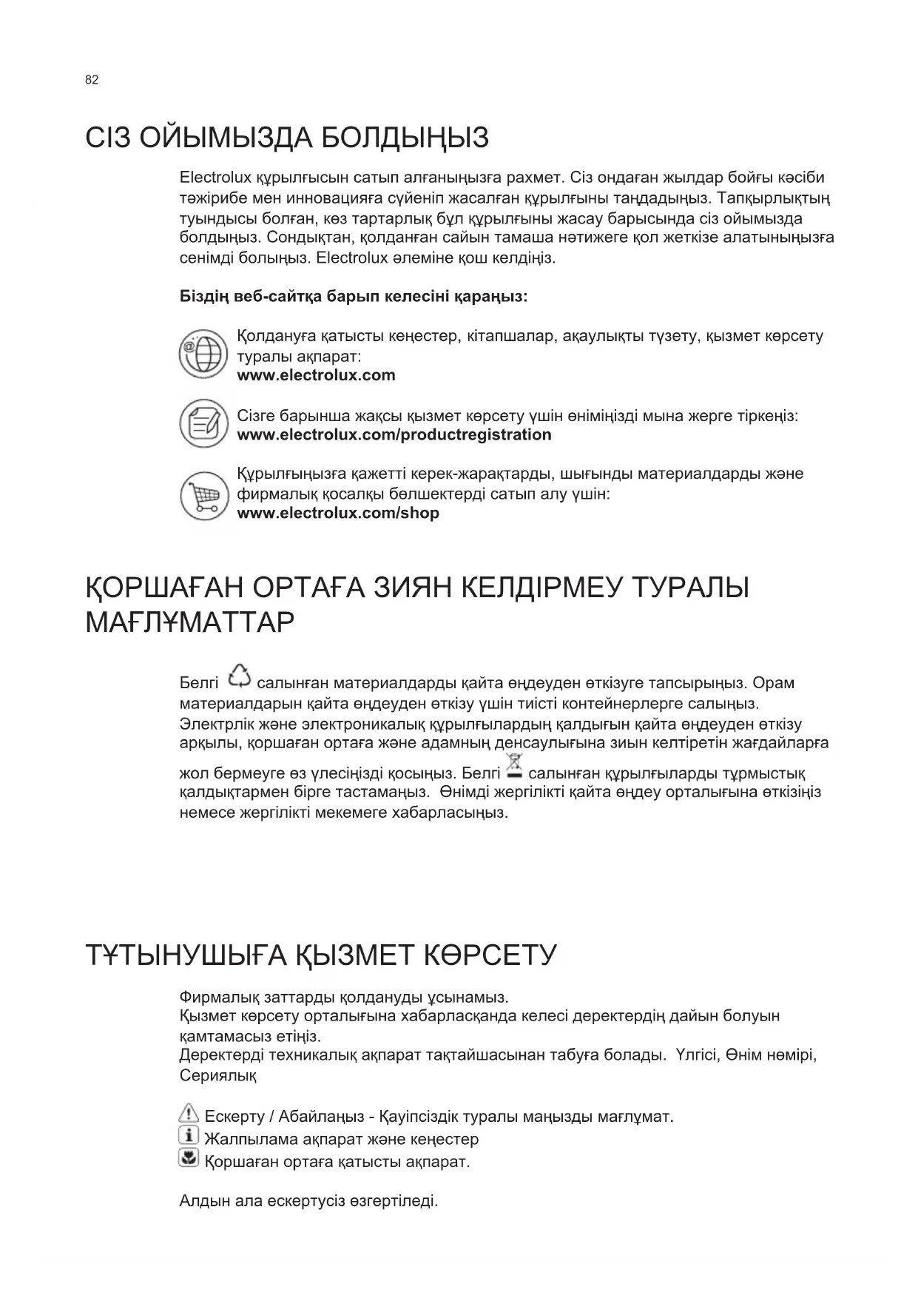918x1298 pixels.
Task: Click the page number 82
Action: [92, 80]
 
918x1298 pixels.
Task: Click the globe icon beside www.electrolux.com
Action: [203, 354]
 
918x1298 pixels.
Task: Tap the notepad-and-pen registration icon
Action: [203, 424]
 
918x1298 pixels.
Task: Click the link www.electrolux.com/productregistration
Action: [394, 435]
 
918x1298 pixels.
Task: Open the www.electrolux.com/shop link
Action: [337, 514]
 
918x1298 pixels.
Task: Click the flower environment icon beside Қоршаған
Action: [189, 1158]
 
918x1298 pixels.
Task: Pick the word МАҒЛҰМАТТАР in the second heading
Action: [190, 623]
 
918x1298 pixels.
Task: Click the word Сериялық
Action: [217, 1075]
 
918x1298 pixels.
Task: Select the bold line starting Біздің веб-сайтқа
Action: [354, 297]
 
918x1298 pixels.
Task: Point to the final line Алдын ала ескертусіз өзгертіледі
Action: [308, 1201]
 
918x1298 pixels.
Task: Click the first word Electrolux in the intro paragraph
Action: [215, 178]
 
